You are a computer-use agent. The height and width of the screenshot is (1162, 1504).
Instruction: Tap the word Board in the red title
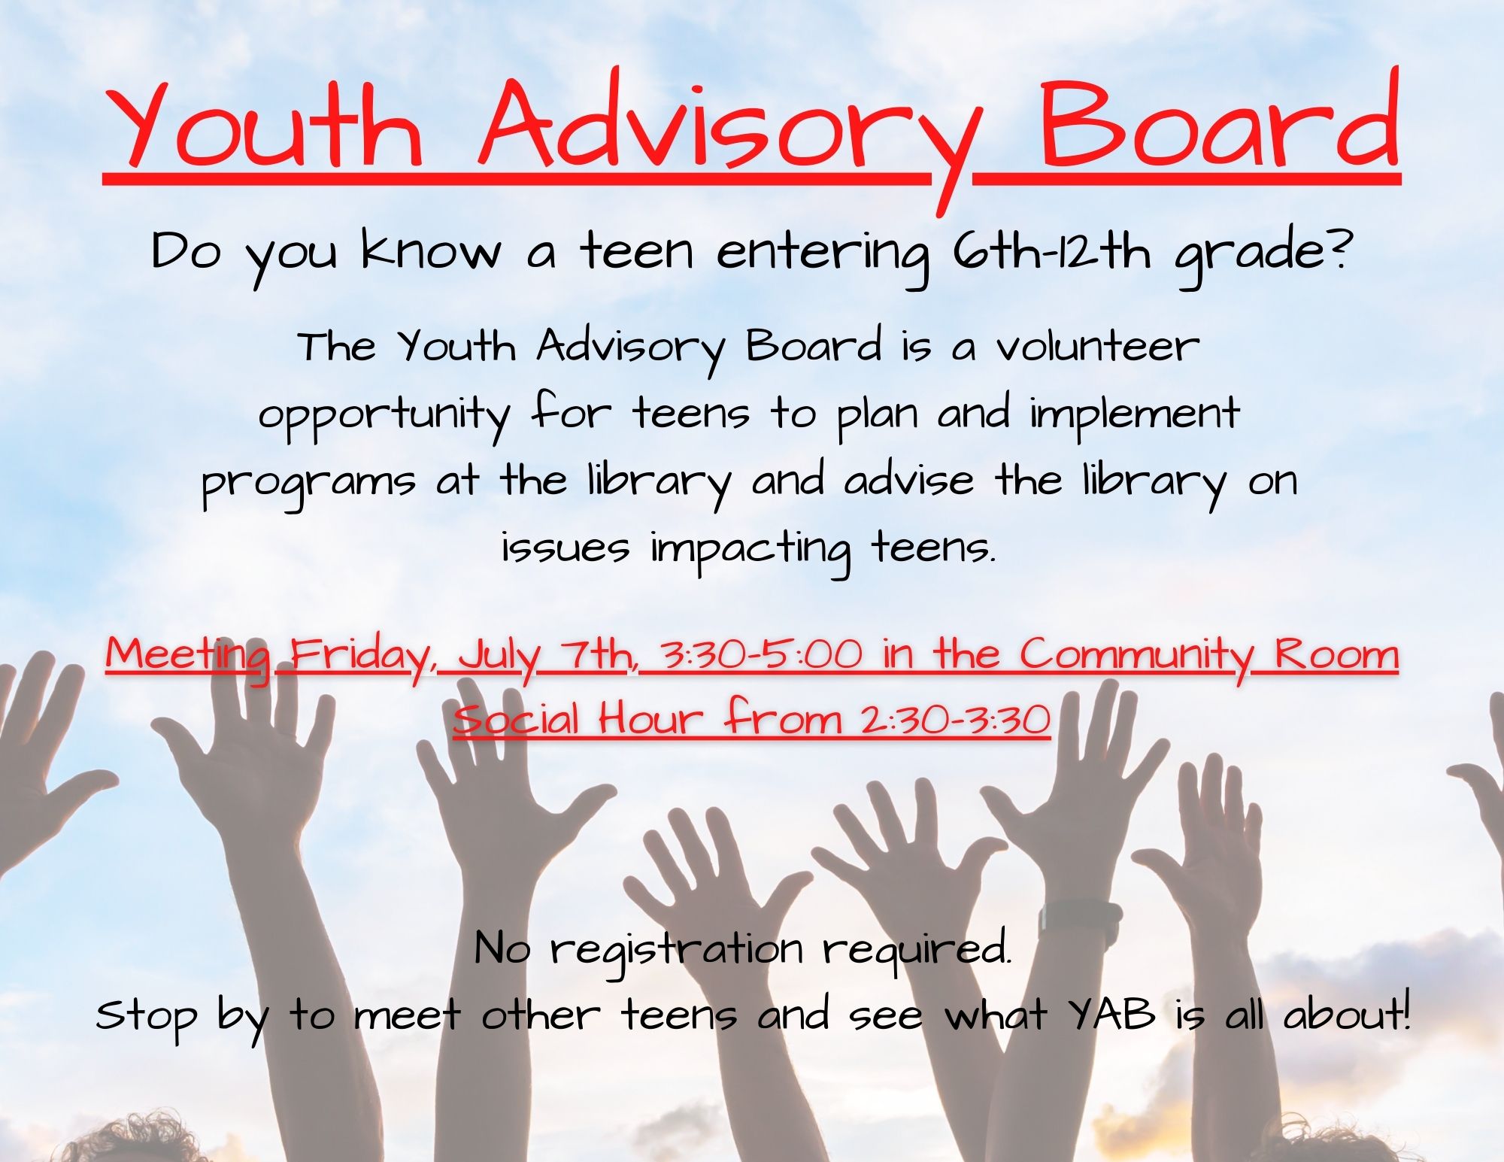point(1218,124)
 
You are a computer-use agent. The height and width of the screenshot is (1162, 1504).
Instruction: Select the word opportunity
point(384,415)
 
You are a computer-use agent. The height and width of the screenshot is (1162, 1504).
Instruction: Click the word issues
point(565,548)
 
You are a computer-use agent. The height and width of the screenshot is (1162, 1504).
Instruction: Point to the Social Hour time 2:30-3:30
point(955,720)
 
